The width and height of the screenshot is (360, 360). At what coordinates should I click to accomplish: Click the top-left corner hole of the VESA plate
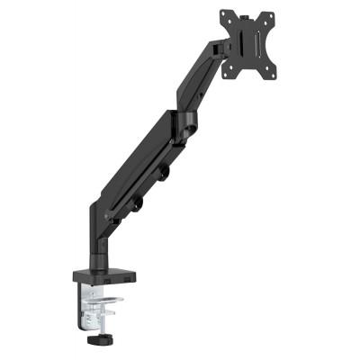tap(225, 15)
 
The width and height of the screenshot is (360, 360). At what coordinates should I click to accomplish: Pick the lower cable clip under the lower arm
tap(137, 205)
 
